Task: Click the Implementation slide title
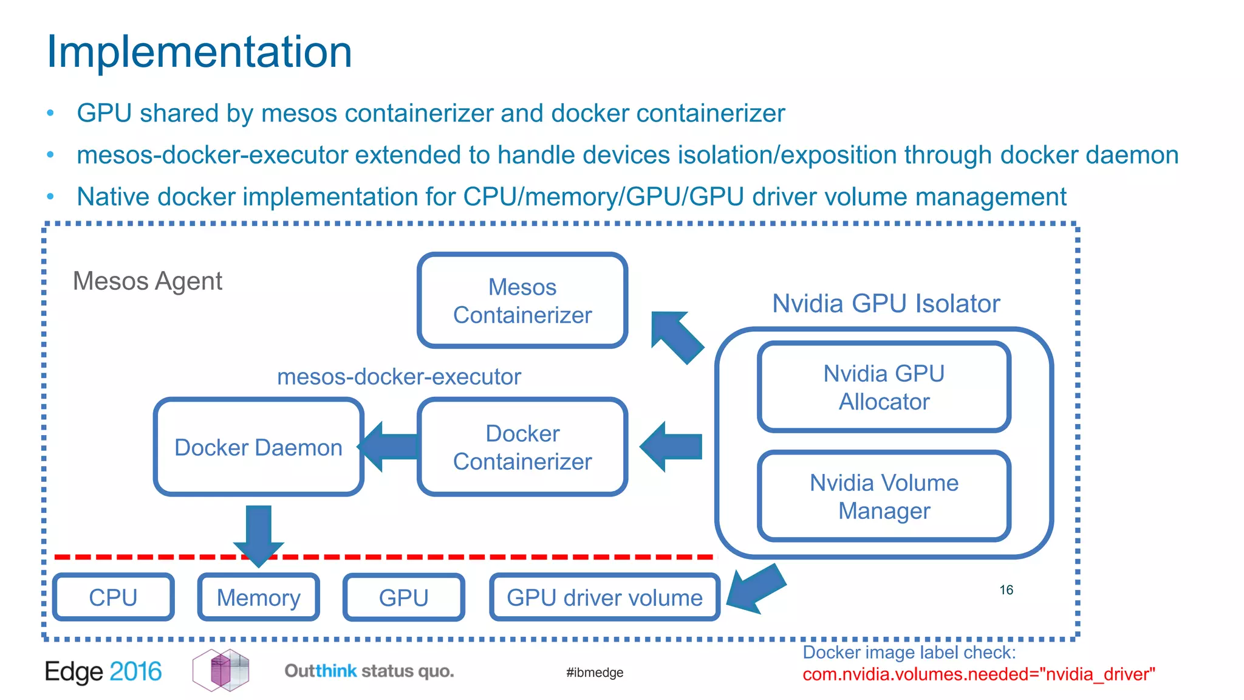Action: (x=199, y=52)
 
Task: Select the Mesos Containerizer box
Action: (x=522, y=301)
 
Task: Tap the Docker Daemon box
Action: (x=258, y=447)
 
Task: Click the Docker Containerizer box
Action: (x=522, y=447)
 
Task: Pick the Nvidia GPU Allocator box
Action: (x=884, y=387)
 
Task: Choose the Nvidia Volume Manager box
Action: (x=884, y=496)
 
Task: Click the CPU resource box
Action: (x=113, y=597)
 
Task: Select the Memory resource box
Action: (x=258, y=597)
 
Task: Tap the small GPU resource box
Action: (x=403, y=597)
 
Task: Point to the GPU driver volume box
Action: (x=604, y=597)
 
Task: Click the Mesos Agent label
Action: (x=148, y=281)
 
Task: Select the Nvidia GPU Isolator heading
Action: (x=886, y=303)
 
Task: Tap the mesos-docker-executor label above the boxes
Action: (x=398, y=377)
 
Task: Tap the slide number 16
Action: (x=1006, y=590)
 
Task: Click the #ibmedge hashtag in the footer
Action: (x=594, y=673)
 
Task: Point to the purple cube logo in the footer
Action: (x=221, y=670)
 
